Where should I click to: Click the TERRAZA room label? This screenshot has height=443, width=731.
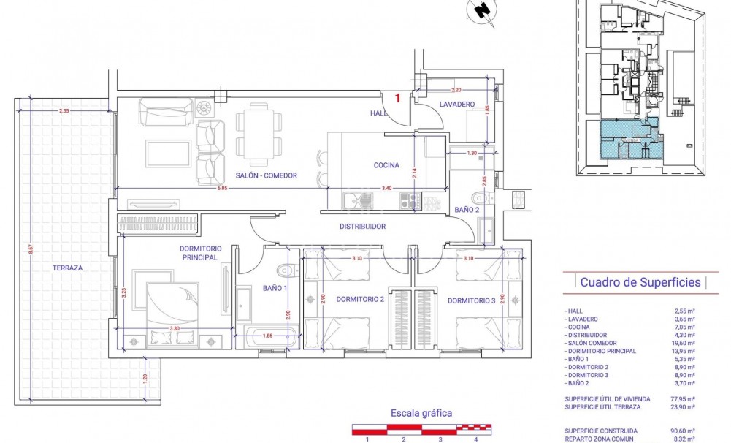(x=67, y=268)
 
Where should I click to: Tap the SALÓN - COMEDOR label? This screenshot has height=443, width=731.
(x=266, y=175)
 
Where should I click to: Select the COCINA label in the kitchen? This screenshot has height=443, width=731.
(x=386, y=165)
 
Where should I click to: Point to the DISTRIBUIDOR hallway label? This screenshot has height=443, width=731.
(x=362, y=227)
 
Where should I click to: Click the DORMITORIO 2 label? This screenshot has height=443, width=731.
(x=360, y=300)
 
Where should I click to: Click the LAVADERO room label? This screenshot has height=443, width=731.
(x=457, y=105)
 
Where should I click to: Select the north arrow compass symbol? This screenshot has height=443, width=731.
(x=481, y=10)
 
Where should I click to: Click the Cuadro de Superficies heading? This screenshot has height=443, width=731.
(x=640, y=282)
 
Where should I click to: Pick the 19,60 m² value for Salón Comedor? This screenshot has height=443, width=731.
(x=684, y=343)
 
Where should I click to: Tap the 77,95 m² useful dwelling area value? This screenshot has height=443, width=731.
(x=683, y=399)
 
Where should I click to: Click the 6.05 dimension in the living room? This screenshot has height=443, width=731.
(x=222, y=188)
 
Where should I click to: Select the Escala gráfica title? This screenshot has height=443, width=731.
(x=421, y=413)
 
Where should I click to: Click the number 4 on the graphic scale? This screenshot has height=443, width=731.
(x=476, y=439)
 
